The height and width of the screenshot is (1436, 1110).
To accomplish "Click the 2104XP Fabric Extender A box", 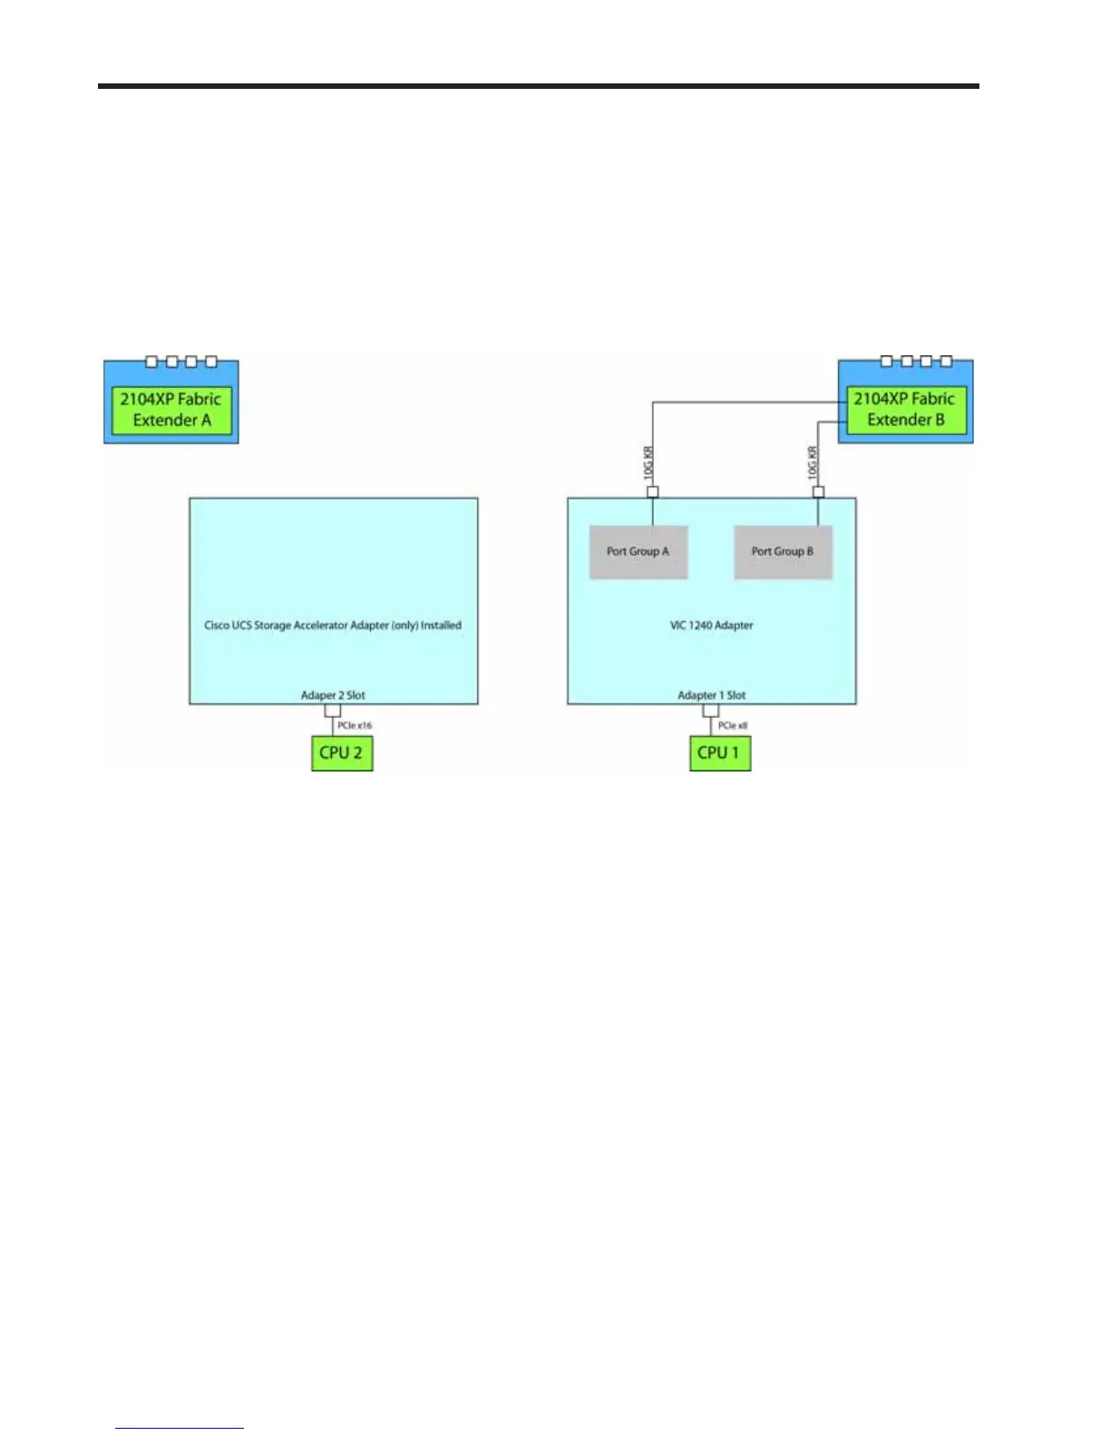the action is pyautogui.click(x=171, y=410).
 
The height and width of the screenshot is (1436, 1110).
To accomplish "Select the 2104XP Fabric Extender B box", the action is pyautogui.click(x=906, y=410).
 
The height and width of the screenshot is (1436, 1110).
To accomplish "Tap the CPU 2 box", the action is pyautogui.click(x=342, y=753).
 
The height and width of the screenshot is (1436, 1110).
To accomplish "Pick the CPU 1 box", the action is pyautogui.click(x=720, y=753).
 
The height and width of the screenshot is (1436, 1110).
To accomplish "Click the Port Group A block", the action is pyautogui.click(x=638, y=551).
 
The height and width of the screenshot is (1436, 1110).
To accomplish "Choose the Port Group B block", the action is pyautogui.click(x=783, y=551).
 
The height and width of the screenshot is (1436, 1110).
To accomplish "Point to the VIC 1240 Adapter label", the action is pyautogui.click(x=712, y=626).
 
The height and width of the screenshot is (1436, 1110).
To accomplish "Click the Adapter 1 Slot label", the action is pyautogui.click(x=712, y=695).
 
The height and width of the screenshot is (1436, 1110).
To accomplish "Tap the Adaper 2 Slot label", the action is pyautogui.click(x=333, y=695).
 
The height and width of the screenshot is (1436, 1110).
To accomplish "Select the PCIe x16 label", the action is pyautogui.click(x=355, y=725).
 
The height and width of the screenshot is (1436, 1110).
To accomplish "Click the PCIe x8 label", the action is pyautogui.click(x=733, y=725).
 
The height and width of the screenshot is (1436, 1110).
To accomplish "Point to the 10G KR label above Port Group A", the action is pyautogui.click(x=648, y=462).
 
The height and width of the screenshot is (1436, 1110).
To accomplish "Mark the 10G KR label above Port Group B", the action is pyautogui.click(x=813, y=462).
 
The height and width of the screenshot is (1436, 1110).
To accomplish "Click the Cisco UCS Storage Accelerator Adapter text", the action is pyautogui.click(x=333, y=626).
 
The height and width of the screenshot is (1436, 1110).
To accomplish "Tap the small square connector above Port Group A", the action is pyautogui.click(x=652, y=492).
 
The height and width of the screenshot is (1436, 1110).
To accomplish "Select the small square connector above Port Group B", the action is pyautogui.click(x=818, y=492).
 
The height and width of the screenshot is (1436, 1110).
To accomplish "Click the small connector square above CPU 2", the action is pyautogui.click(x=333, y=711).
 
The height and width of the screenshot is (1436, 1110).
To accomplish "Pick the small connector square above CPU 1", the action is pyautogui.click(x=711, y=711).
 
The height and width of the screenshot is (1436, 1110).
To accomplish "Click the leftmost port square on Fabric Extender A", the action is pyautogui.click(x=151, y=362).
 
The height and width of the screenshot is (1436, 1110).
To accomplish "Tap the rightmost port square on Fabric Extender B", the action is pyautogui.click(x=946, y=362).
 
